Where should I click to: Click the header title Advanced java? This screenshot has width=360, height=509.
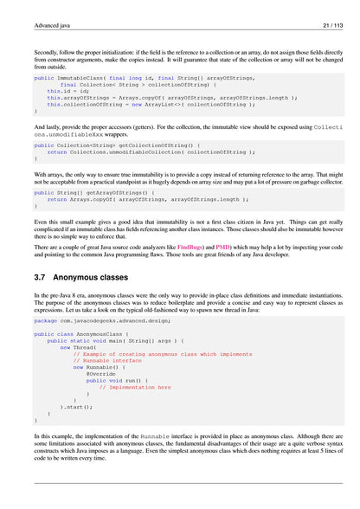52,26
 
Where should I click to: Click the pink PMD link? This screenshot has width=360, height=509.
227,247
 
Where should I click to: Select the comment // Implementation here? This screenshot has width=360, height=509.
135,387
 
